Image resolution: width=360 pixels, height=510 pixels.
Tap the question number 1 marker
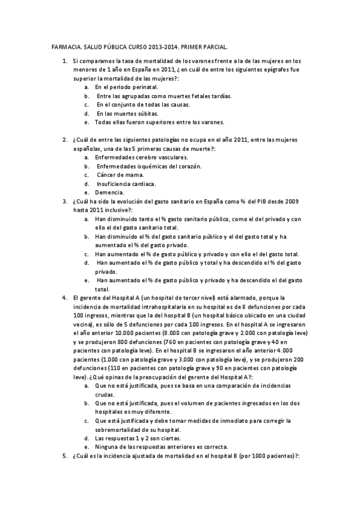point(64,61)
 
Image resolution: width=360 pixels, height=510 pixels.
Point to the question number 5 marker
point(64,456)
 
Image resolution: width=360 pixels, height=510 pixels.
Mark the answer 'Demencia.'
point(109,192)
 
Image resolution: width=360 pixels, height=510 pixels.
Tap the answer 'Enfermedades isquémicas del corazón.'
point(149,166)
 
